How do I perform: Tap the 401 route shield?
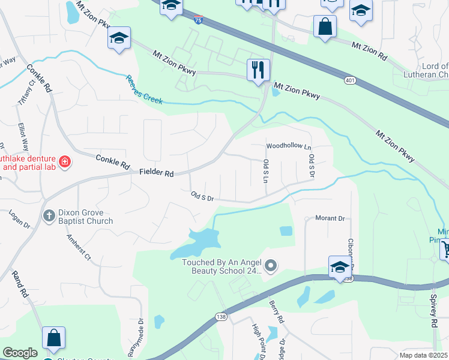click(350, 80)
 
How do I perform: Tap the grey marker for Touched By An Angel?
click(271, 265)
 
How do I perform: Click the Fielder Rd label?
click(157, 173)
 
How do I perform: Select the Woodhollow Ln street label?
click(289, 146)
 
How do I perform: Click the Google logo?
click(20, 353)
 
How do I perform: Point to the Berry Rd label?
click(276, 313)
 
